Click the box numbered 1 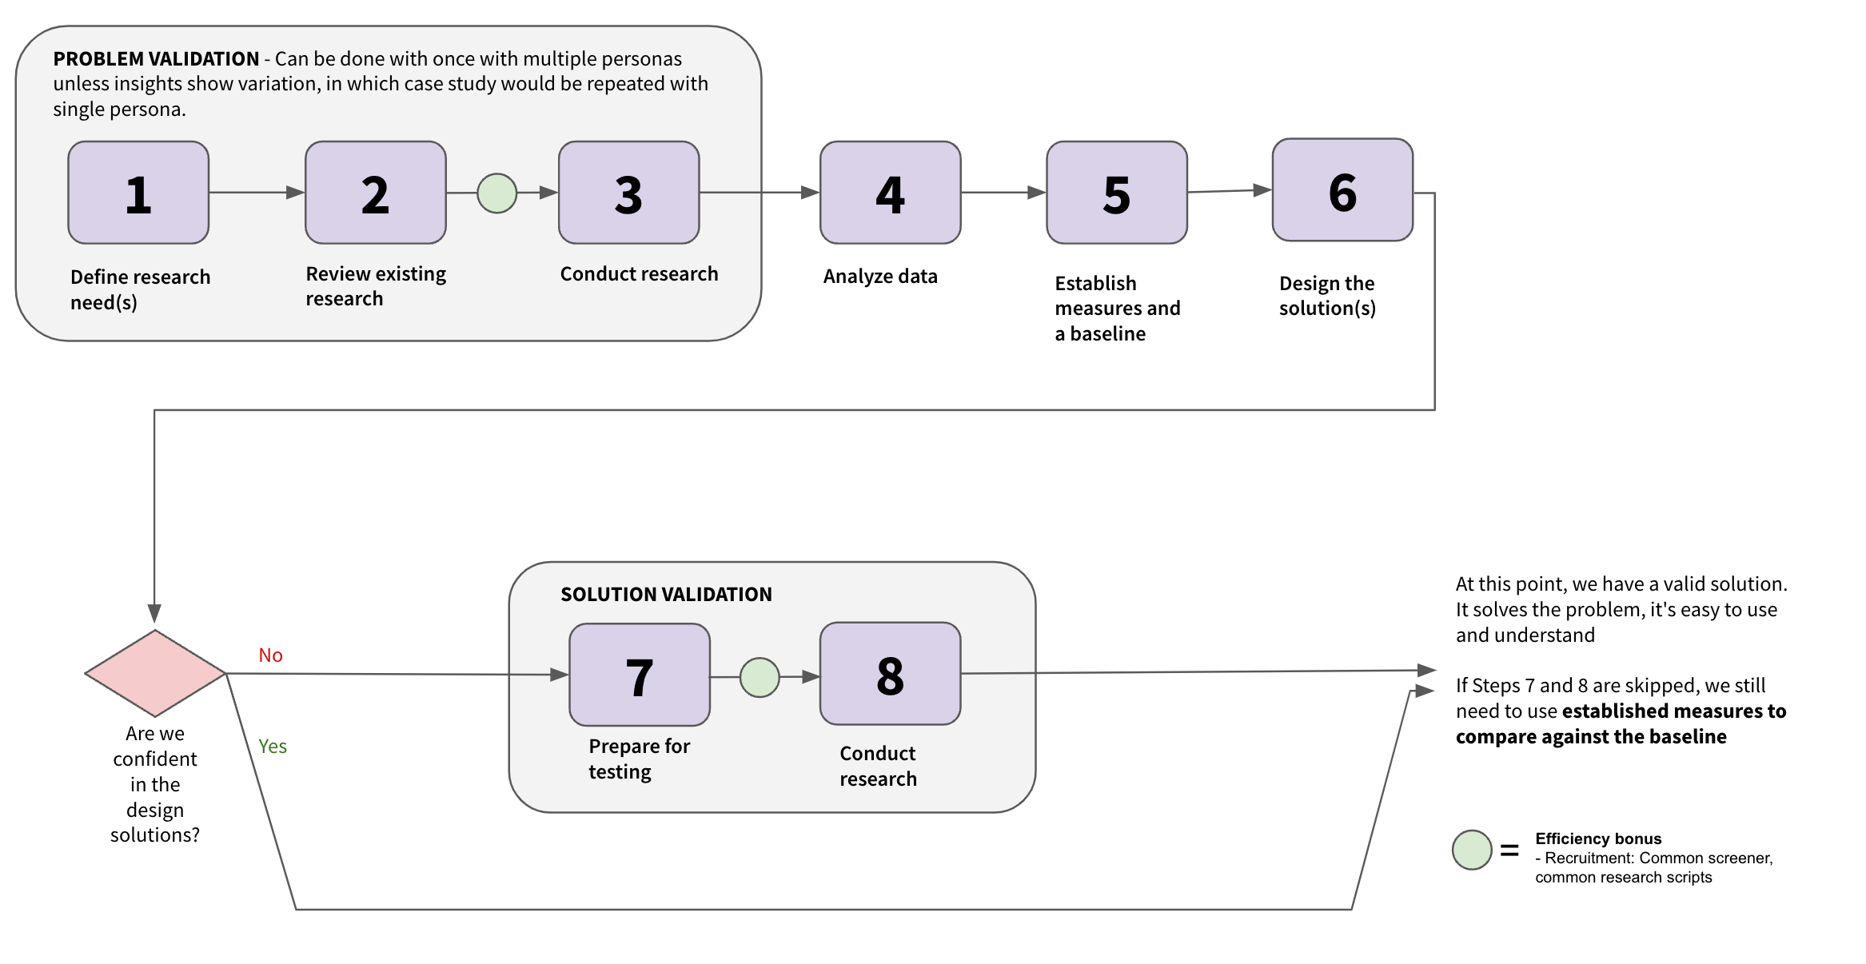tap(138, 193)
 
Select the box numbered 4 tap(890, 193)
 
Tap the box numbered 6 tap(1342, 190)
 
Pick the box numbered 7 tap(640, 675)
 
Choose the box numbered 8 tap(890, 674)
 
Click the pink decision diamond tap(155, 673)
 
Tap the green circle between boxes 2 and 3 tap(496, 193)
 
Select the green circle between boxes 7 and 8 tap(760, 678)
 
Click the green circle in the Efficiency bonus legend tap(1472, 850)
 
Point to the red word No tap(270, 655)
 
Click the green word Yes tap(272, 747)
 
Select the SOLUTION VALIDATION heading tap(666, 595)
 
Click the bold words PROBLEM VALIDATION tap(156, 59)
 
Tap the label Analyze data tap(880, 277)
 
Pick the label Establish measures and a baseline tap(1117, 309)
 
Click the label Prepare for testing tap(639, 759)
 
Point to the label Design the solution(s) tap(1327, 296)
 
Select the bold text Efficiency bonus tap(1598, 839)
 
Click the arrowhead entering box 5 tap(1037, 193)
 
